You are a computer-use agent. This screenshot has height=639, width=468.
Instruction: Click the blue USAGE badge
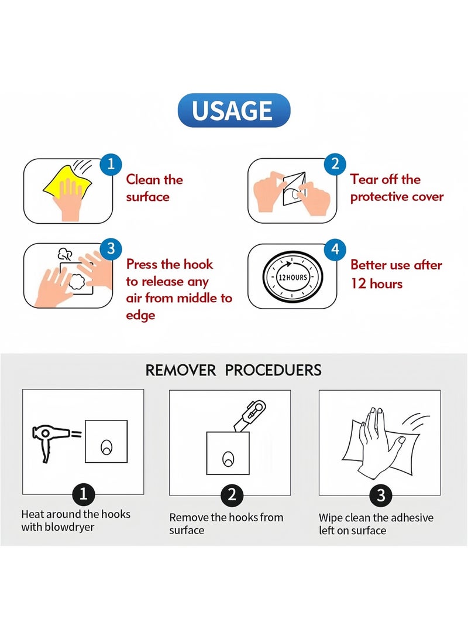(x=233, y=110)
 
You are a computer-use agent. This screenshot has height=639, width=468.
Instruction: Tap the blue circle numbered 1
(x=111, y=165)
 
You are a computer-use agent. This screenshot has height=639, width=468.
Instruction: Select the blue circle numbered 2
(x=335, y=164)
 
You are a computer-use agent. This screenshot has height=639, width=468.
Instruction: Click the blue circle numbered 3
(x=111, y=249)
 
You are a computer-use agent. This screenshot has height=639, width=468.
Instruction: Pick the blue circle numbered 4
(x=335, y=250)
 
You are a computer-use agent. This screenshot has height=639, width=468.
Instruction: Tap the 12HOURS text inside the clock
(x=292, y=278)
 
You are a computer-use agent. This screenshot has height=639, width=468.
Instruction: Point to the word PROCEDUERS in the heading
(x=273, y=370)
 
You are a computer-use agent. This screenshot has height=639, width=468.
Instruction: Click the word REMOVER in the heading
(x=181, y=370)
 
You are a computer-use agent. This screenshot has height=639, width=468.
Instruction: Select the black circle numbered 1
(x=84, y=494)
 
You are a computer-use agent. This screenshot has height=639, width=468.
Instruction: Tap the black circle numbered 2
(x=232, y=495)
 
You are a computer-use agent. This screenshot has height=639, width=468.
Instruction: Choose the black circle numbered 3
(x=380, y=495)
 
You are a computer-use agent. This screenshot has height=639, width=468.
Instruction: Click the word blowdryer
(x=70, y=527)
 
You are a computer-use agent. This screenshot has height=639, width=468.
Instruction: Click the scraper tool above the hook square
(x=250, y=416)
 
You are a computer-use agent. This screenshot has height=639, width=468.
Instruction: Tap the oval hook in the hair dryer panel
(x=106, y=447)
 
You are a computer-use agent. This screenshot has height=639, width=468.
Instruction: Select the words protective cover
(x=397, y=197)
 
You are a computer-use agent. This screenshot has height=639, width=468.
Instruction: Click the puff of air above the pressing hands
(x=65, y=254)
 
